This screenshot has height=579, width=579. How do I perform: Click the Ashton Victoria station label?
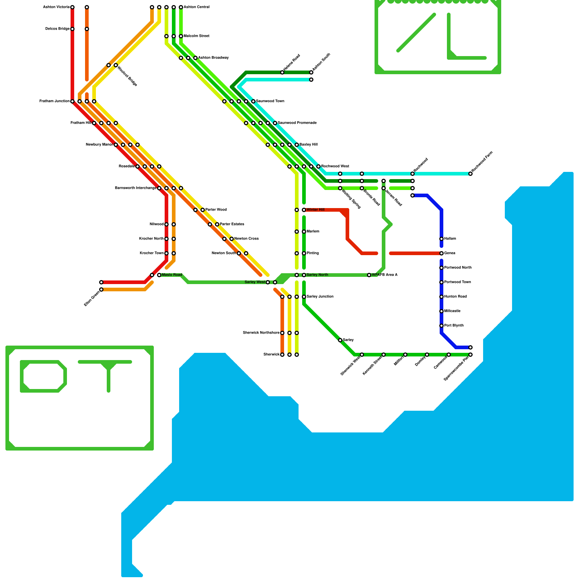(56, 7)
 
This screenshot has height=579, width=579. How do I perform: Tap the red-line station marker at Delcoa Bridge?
(72, 29)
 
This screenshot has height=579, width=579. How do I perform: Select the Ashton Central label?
(196, 7)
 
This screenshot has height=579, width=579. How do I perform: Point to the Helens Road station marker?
(282, 72)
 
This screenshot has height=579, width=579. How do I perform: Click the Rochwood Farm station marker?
(470, 174)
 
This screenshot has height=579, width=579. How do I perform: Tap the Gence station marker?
(441, 253)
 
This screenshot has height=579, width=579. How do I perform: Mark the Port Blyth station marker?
(441, 326)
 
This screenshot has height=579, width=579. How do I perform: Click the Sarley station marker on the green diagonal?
(340, 340)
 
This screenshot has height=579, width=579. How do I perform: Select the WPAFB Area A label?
(385, 275)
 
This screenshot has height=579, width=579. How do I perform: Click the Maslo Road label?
(172, 275)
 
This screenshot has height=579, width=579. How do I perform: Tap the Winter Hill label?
(315, 210)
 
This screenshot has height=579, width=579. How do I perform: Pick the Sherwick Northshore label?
(261, 333)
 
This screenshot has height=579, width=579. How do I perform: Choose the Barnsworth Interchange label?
(135, 188)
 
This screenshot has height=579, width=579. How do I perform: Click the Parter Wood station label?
(216, 210)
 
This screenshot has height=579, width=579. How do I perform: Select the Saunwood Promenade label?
(297, 123)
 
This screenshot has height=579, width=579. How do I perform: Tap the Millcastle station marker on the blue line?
(441, 311)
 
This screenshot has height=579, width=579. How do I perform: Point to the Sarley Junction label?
(320, 297)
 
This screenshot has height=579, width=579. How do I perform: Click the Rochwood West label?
(335, 166)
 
